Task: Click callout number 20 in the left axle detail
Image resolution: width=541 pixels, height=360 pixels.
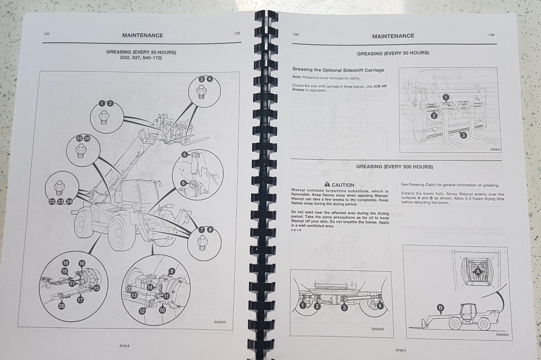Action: [61, 306]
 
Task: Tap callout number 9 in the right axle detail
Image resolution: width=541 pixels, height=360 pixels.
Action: [172, 271]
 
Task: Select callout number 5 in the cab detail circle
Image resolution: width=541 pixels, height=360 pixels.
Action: [185, 154]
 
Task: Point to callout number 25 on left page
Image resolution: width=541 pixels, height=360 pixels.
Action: [79, 139]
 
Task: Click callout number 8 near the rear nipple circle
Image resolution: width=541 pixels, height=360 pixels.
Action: [210, 229]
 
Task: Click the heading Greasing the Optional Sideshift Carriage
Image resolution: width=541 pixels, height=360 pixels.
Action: [338, 70]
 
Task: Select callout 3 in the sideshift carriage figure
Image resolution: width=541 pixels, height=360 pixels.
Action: [463, 135]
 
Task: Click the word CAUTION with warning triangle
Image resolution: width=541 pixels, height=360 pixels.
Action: [339, 184]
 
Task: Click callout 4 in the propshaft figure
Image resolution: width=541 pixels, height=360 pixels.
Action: [380, 306]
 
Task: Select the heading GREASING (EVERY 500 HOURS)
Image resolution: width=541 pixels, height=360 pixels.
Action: [395, 167]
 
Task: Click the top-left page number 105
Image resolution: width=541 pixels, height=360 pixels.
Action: [46, 34]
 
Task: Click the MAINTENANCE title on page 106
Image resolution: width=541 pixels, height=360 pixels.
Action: [393, 36]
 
